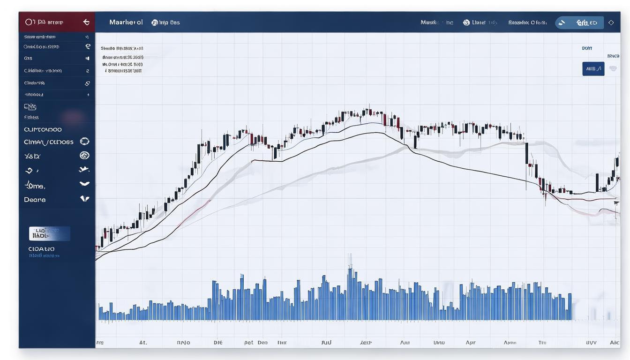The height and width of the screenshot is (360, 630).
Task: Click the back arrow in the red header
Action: (x=86, y=22)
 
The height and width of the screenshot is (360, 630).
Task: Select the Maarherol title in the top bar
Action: (x=126, y=22)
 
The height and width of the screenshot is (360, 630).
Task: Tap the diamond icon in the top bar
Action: (x=610, y=22)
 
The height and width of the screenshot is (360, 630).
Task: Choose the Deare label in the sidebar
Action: (x=35, y=200)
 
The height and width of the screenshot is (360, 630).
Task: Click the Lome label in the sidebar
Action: (x=35, y=186)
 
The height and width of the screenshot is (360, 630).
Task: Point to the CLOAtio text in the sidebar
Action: (x=41, y=249)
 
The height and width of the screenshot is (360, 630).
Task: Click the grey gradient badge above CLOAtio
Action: (x=49, y=233)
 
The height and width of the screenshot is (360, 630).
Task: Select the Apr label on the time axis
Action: (x=471, y=343)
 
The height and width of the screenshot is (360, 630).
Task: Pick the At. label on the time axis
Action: (x=143, y=343)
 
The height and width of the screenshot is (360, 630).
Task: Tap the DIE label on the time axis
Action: (x=218, y=343)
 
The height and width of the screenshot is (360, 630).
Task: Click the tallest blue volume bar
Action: (x=350, y=293)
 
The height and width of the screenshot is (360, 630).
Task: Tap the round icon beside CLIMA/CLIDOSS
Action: (x=84, y=141)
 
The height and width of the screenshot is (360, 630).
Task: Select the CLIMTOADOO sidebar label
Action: (x=43, y=129)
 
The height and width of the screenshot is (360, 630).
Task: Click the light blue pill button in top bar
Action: (x=579, y=22)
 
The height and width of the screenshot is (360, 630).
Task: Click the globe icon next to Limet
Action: (x=466, y=22)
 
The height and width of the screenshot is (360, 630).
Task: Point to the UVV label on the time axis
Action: (x=591, y=343)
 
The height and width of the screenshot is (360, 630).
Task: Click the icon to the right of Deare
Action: (x=84, y=199)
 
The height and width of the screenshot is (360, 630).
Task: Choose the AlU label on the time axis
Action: (x=326, y=343)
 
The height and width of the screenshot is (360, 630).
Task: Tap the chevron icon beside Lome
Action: (x=84, y=184)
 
